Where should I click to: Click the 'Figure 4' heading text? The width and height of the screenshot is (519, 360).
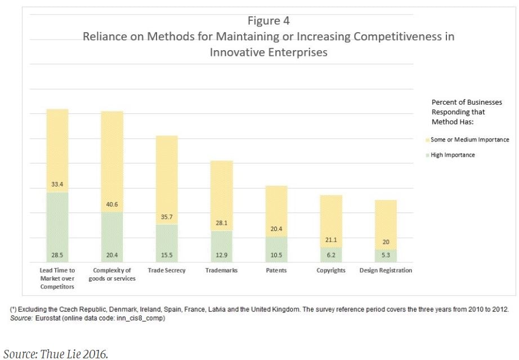tap(269, 21)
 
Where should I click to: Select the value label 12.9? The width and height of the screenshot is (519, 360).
tap(221, 256)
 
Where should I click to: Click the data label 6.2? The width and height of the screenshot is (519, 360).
tap(330, 256)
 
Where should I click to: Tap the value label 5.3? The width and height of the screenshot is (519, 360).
tap(386, 256)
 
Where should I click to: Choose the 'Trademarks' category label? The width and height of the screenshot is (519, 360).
tap(221, 270)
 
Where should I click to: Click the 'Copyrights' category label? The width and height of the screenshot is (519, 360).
tap(330, 270)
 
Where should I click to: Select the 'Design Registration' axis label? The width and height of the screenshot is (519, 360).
tap(386, 270)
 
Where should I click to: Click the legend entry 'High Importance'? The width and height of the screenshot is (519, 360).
tap(453, 155)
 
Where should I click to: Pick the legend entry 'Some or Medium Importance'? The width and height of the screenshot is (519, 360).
tap(469, 140)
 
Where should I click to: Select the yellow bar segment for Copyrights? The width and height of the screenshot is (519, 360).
tap(330, 217)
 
